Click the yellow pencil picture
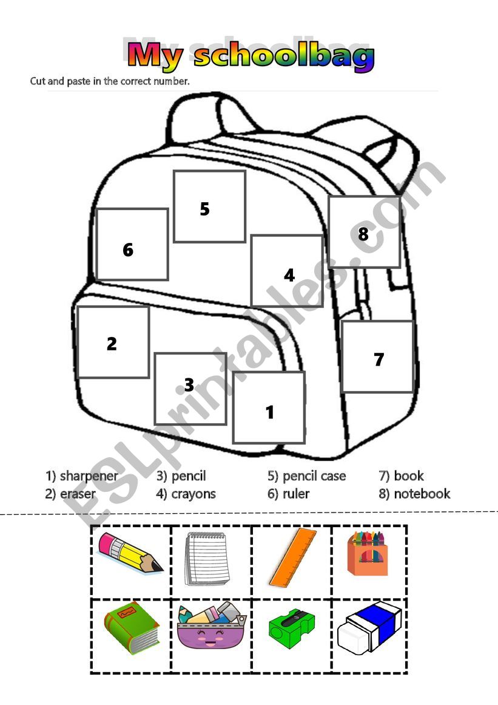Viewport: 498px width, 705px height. click(x=131, y=553)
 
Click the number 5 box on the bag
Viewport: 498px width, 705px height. click(x=209, y=206)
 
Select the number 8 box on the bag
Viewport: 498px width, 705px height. click(x=364, y=232)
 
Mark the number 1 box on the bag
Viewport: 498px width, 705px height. click(x=269, y=407)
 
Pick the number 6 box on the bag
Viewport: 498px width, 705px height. click(x=132, y=244)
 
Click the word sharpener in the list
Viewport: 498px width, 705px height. click(x=89, y=475)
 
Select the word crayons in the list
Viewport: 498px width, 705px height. click(x=193, y=494)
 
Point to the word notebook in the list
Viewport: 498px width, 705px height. click(x=422, y=494)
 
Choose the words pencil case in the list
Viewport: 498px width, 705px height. click(x=314, y=475)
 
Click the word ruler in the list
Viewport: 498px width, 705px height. click(x=296, y=494)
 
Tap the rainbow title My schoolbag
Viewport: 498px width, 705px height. click(x=251, y=56)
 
